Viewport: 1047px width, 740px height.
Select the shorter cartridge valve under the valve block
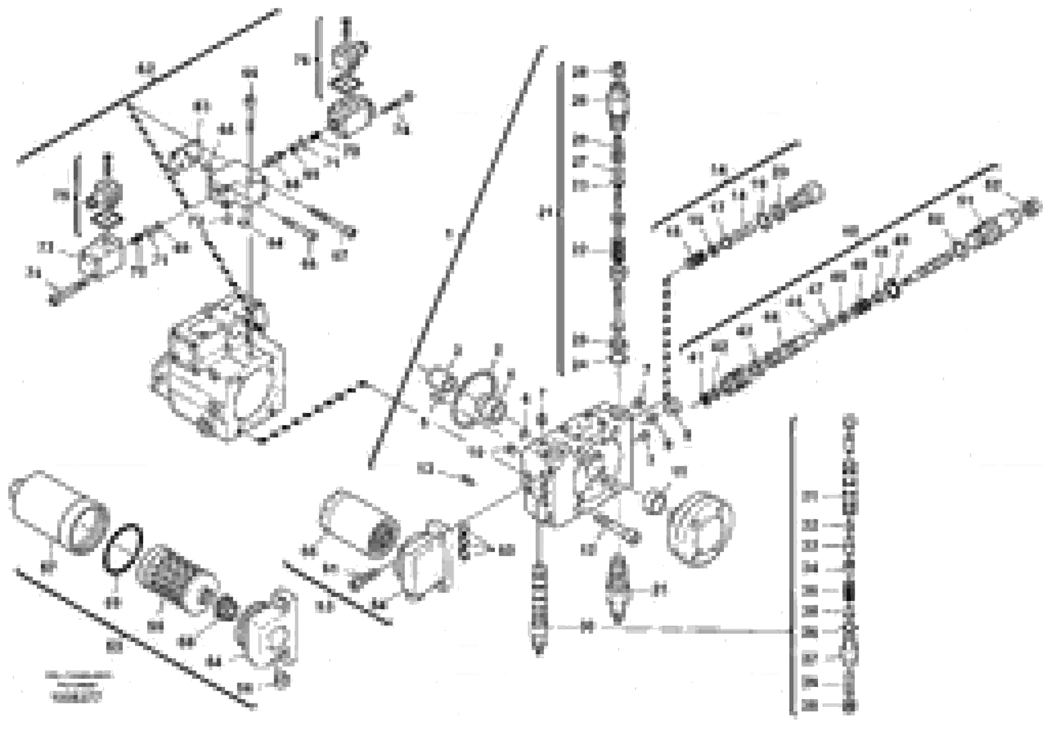(x=617, y=589)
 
